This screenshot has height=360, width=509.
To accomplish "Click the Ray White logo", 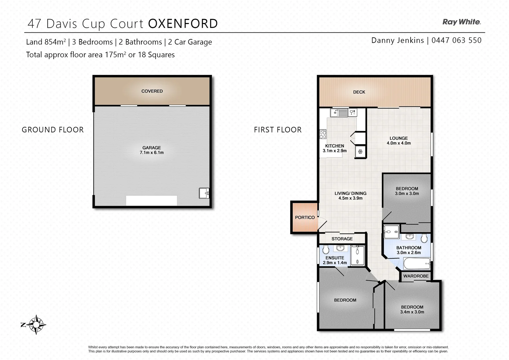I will pyautogui.click(x=461, y=22).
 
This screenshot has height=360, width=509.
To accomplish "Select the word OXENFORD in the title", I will pyautogui.click(x=183, y=24).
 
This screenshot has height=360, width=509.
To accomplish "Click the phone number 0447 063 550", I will pyautogui.click(x=456, y=40).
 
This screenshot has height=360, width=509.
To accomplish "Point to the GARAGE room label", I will pyautogui.click(x=152, y=148).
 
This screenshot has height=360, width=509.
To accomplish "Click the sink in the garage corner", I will pyautogui.click(x=204, y=193).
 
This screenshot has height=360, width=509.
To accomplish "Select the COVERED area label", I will pyautogui.click(x=152, y=91).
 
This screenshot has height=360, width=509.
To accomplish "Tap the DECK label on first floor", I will pyautogui.click(x=359, y=92).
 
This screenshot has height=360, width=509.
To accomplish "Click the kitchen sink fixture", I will pyautogui.click(x=339, y=113).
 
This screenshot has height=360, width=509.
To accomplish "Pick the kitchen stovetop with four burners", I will pyautogui.click(x=323, y=134).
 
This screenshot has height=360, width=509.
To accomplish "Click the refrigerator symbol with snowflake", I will pyautogui.click(x=360, y=152).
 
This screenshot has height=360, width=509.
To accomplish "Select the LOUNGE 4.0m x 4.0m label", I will pyautogui.click(x=399, y=140).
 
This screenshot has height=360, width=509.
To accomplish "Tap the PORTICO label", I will pyautogui.click(x=305, y=217).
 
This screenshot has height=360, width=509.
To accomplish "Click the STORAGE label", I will pyautogui.click(x=342, y=239).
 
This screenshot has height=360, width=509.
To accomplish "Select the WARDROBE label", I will pyautogui.click(x=416, y=276).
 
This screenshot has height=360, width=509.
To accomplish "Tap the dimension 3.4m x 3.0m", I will pyautogui.click(x=412, y=312).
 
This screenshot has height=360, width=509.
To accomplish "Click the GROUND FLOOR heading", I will pyautogui.click(x=53, y=130).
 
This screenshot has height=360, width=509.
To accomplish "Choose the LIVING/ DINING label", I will pyautogui.click(x=350, y=193).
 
